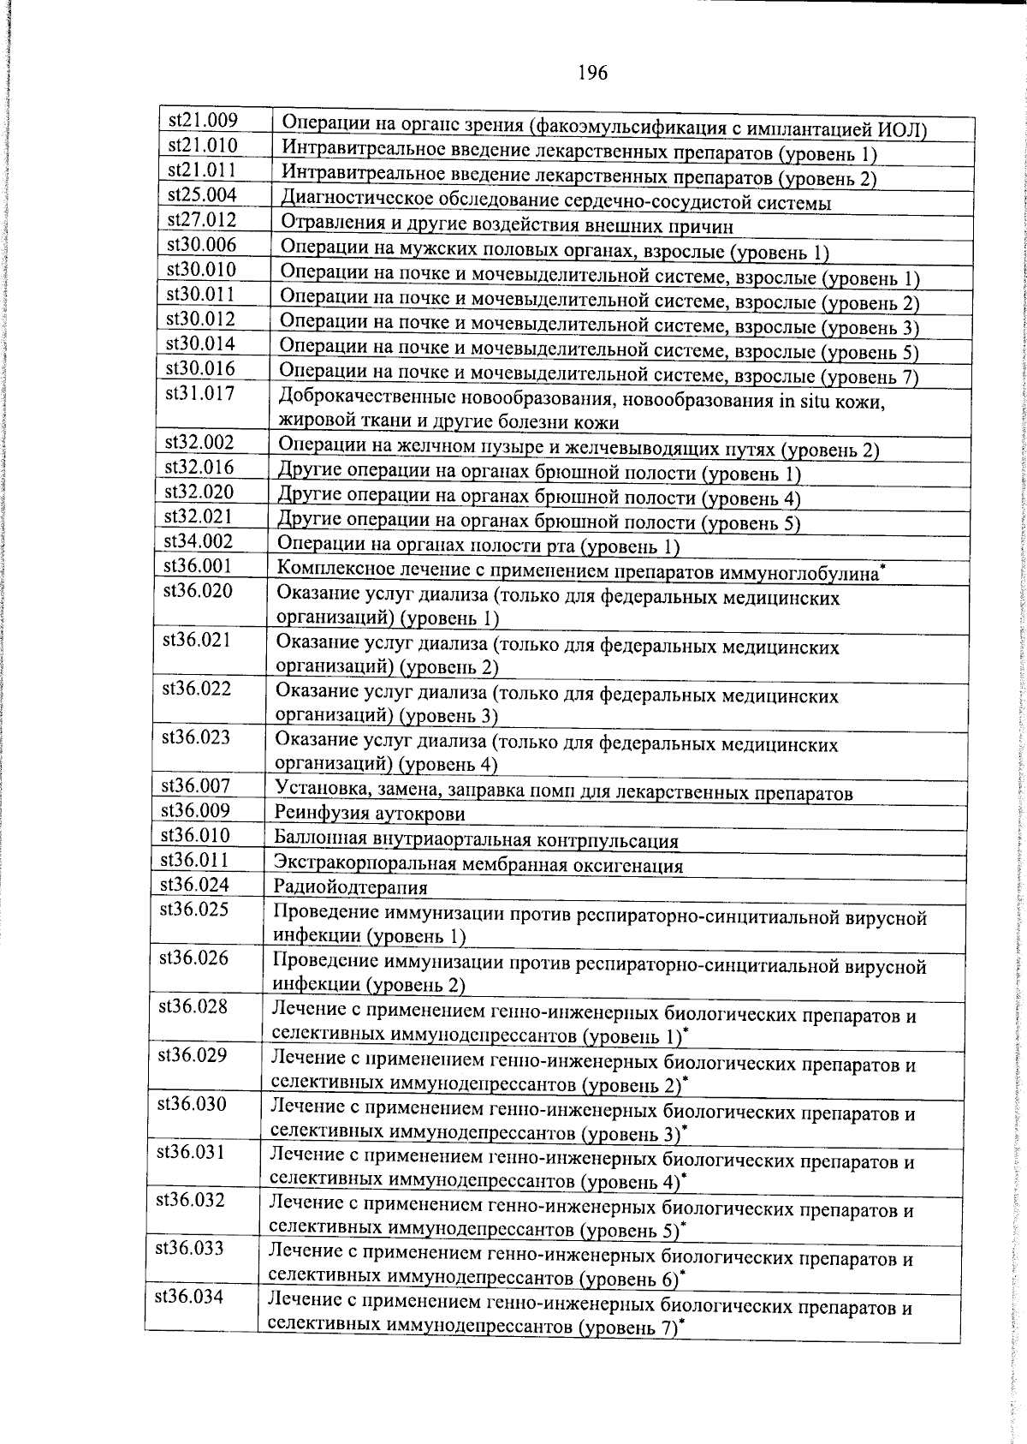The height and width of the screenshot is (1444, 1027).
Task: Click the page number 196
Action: point(592,74)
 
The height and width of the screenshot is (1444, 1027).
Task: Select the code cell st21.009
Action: point(203,121)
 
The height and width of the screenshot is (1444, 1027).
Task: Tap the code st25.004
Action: point(202,195)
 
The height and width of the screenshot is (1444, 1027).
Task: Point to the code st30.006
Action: point(201,245)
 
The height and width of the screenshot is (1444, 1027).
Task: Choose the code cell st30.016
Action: point(200,369)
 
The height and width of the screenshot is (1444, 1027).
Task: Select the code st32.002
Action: point(199,443)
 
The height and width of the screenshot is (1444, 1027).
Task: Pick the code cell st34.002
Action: point(199,541)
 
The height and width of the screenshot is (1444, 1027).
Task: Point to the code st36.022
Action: point(197,689)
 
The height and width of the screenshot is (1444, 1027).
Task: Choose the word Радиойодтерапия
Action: point(350,887)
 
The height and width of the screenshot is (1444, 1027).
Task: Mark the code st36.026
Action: point(193,958)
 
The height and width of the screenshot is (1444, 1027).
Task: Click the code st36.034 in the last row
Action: point(189,1297)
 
